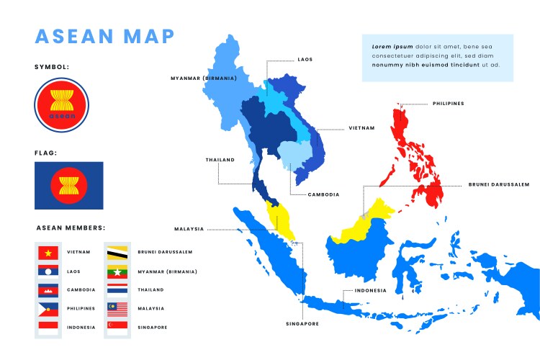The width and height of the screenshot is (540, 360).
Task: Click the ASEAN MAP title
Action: pyautogui.click(x=104, y=35)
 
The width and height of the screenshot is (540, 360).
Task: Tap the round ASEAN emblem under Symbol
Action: pyautogui.click(x=61, y=105)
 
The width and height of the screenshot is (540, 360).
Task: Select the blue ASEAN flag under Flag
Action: pyautogui.click(x=68, y=186)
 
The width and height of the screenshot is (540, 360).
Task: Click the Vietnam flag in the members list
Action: pyautogui.click(x=48, y=253)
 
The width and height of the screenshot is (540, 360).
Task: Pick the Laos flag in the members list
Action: pyautogui.click(x=48, y=271)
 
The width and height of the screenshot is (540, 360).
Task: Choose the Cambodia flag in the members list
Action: pyautogui.click(x=48, y=290)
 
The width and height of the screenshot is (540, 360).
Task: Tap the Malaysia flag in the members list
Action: pyautogui.click(x=117, y=309)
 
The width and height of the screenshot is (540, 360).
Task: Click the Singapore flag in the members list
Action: pyautogui.click(x=117, y=327)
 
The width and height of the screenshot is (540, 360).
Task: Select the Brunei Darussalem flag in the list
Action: pyautogui.click(x=117, y=253)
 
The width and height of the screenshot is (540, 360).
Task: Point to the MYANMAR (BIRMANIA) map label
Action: pyautogui.click(x=204, y=78)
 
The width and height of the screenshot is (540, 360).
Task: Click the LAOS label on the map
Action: pyautogui.click(x=305, y=60)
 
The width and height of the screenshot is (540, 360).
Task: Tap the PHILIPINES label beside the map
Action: pyautogui.click(x=448, y=104)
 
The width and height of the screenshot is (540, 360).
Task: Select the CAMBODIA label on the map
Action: pyautogui.click(x=323, y=194)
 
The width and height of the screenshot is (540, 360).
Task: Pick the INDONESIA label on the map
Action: pyautogui.click(x=370, y=291)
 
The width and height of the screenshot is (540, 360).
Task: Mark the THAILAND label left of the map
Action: pyautogui.click(x=220, y=160)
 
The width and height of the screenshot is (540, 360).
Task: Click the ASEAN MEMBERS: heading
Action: pyautogui.click(x=71, y=228)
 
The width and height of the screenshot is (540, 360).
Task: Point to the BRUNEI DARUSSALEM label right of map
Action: pyautogui.click(x=498, y=184)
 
